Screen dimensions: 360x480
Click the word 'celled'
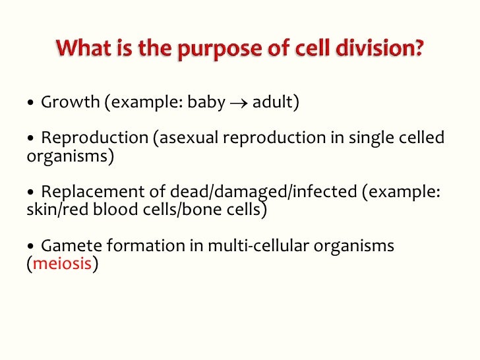click(421, 138)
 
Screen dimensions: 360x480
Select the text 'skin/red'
click(55, 210)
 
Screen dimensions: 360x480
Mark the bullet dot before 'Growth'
click(31, 104)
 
